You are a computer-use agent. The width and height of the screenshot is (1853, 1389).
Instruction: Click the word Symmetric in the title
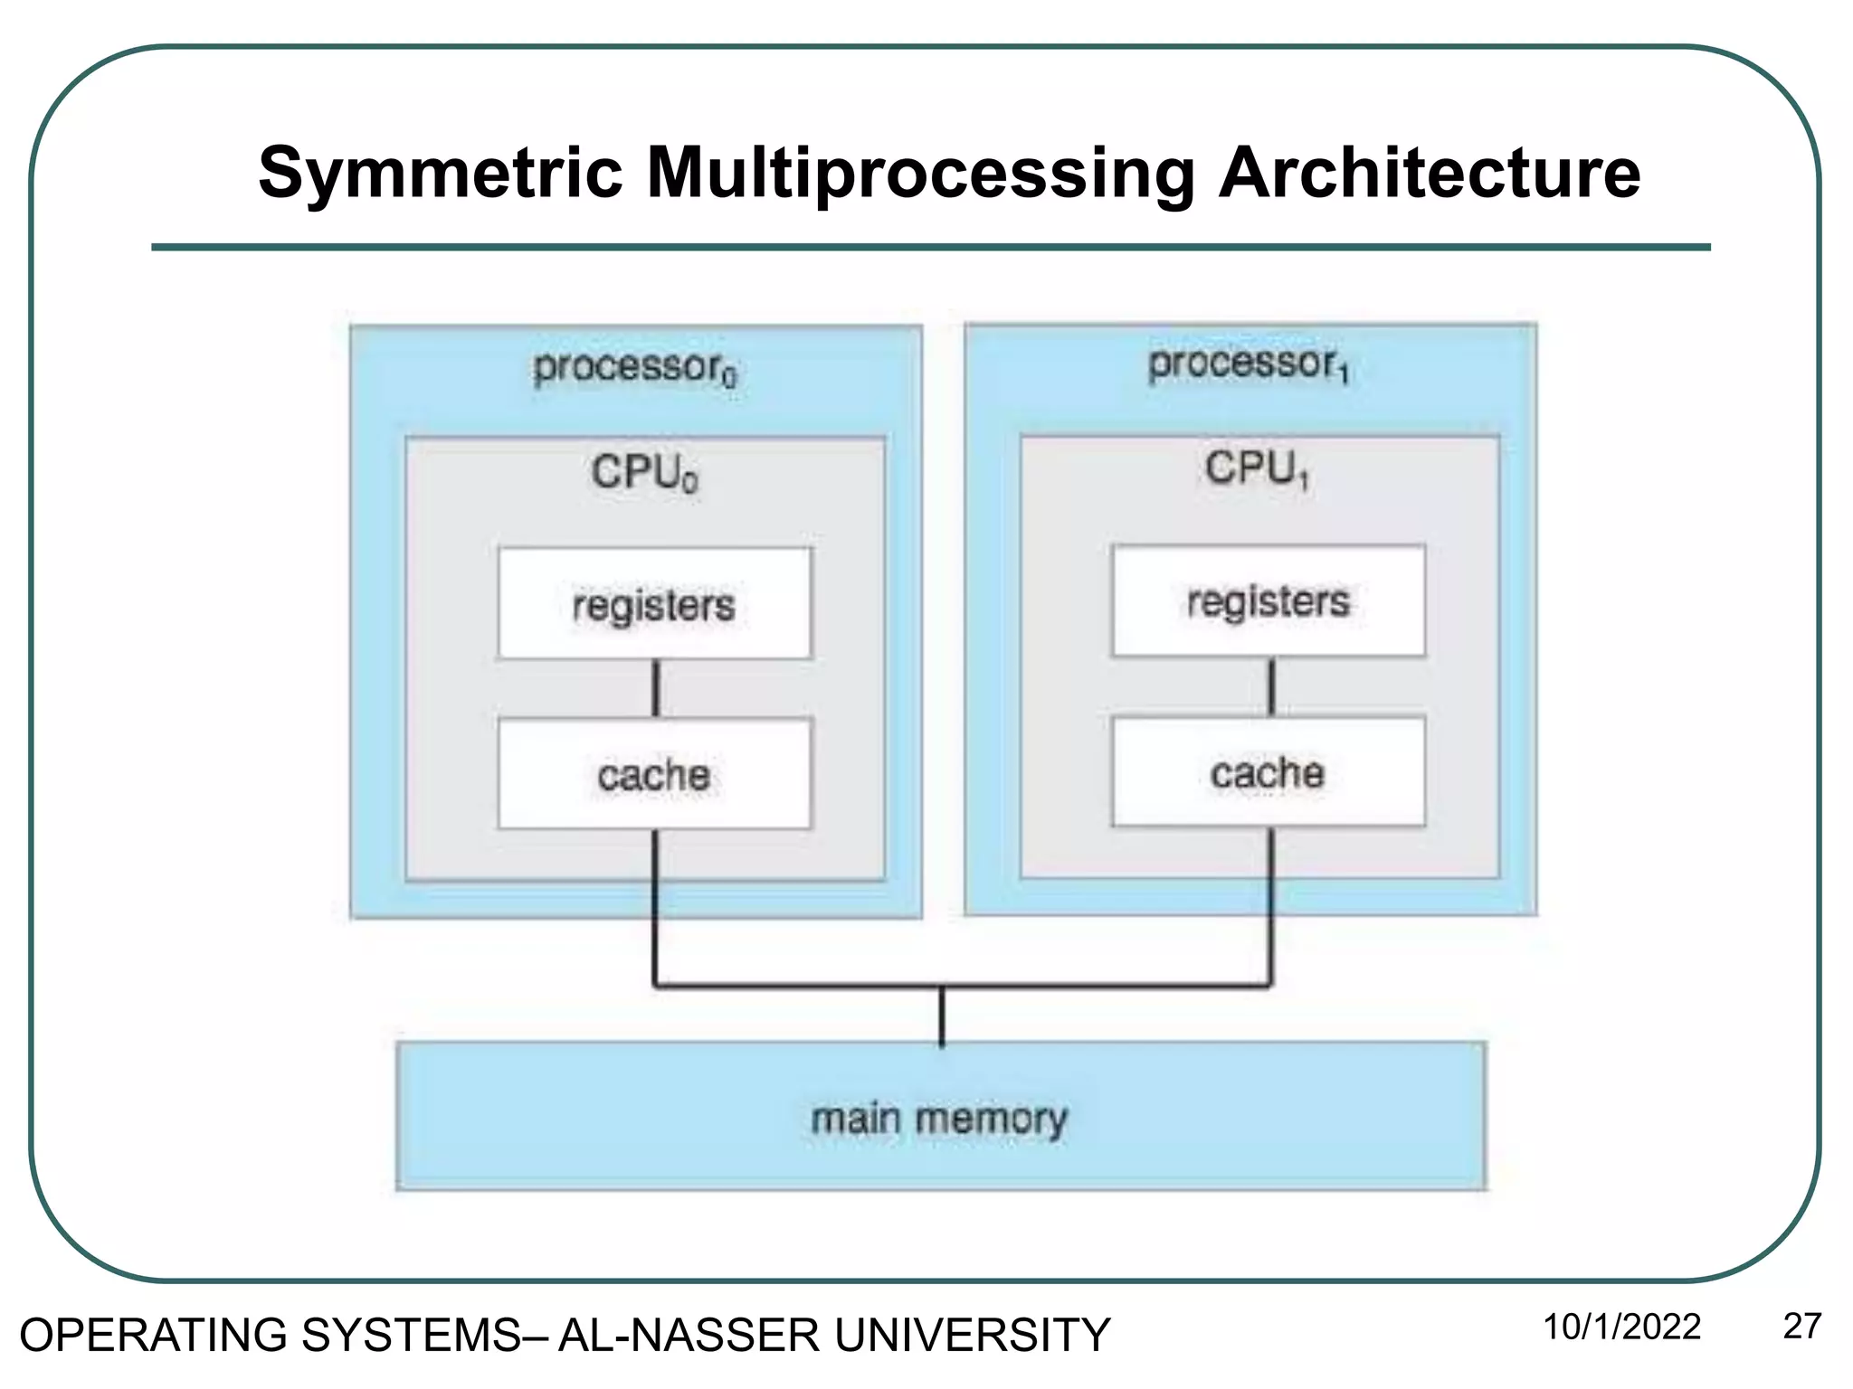click(x=441, y=173)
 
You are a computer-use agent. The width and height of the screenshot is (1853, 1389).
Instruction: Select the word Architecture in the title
click(x=1429, y=173)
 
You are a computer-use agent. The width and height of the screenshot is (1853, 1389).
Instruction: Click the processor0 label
click(x=635, y=368)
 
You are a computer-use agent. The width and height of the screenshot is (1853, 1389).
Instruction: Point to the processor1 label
click(x=1249, y=364)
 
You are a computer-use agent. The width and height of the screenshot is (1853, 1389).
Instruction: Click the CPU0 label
click(x=644, y=472)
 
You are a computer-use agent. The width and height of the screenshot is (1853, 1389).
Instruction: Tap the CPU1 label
click(x=1257, y=468)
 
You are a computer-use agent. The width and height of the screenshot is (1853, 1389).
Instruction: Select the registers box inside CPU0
click(x=654, y=603)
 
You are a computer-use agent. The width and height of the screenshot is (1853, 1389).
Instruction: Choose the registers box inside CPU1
click(x=1268, y=600)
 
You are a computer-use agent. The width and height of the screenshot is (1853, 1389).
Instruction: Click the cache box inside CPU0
click(x=654, y=774)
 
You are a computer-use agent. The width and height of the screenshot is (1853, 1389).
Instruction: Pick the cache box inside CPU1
click(x=1268, y=771)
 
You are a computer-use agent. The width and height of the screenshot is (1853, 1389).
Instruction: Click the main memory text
click(x=939, y=1119)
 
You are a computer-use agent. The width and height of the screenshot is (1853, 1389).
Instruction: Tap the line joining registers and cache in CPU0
click(x=656, y=688)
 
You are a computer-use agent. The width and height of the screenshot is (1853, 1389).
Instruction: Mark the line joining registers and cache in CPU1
click(x=1270, y=686)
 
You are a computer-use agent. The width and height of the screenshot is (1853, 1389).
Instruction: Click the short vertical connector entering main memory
click(x=942, y=1016)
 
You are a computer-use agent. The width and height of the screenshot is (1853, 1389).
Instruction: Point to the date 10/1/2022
click(x=1621, y=1327)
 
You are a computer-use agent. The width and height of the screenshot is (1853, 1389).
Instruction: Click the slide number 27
click(x=1801, y=1327)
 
